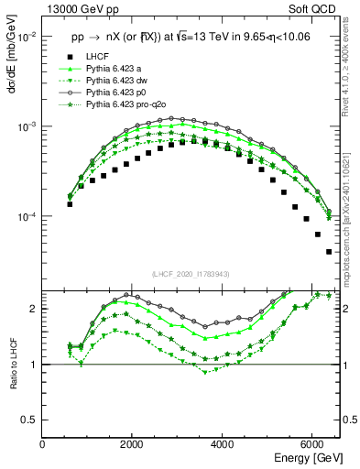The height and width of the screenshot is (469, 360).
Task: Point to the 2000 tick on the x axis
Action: (133, 443)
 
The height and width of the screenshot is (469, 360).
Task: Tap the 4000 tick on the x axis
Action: (223, 443)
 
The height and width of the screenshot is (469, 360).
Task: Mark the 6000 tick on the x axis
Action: (312, 443)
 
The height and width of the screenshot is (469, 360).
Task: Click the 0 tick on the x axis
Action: (43, 443)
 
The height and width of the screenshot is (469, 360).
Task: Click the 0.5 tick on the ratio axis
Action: (29, 420)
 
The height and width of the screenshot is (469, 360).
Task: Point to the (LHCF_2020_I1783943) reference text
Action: (191, 275)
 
